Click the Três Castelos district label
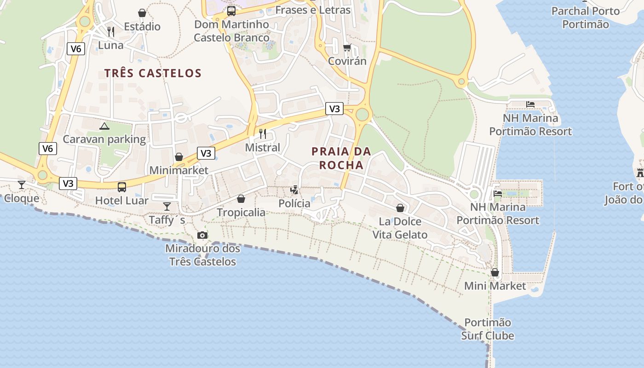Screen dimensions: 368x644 click(x=153, y=73)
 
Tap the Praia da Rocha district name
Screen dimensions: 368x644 click(x=341, y=158)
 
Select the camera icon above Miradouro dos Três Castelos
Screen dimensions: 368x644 click(x=202, y=236)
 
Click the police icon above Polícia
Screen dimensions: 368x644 click(x=294, y=190)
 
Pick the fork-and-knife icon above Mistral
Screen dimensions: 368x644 click(x=263, y=134)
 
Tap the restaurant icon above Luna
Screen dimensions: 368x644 click(x=111, y=31)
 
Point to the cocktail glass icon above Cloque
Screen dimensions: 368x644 click(x=22, y=185)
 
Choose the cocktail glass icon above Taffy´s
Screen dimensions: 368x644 click(x=167, y=207)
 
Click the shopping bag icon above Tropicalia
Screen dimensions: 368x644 click(x=241, y=199)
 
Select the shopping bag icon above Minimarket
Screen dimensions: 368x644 click(x=179, y=157)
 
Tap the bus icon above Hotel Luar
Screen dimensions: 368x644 click(x=122, y=187)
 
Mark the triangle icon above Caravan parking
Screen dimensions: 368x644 click(x=104, y=126)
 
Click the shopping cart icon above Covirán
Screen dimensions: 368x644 click(x=347, y=47)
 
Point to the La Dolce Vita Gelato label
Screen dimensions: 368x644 click(x=400, y=228)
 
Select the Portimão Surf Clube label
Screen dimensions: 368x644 click(x=488, y=329)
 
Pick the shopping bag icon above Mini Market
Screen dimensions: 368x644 click(x=495, y=272)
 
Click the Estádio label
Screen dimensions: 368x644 click(x=142, y=27)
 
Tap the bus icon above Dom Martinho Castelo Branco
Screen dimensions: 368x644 click(x=231, y=11)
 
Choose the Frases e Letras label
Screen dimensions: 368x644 click(x=313, y=10)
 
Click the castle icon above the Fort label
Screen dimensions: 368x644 click(x=640, y=173)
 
